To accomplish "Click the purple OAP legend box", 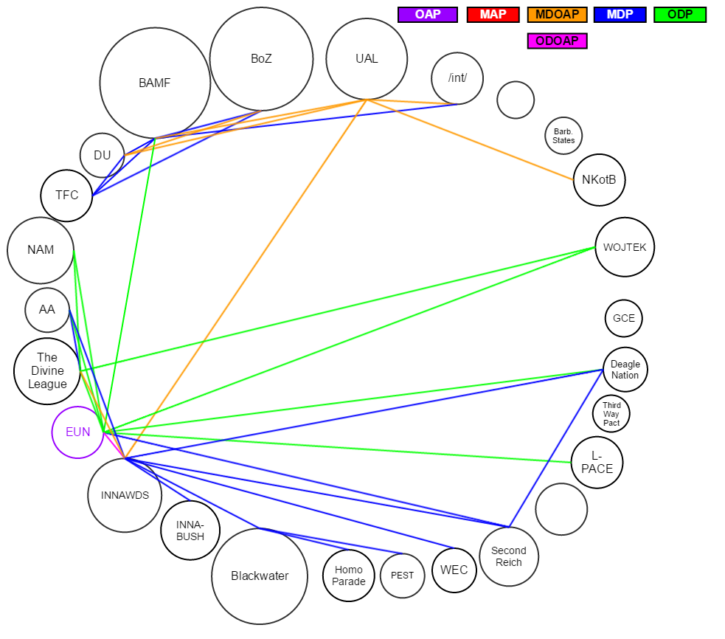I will (x=428, y=15).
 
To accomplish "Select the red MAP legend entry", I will (x=493, y=15).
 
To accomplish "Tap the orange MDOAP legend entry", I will (x=557, y=15).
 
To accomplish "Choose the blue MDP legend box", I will (x=620, y=15).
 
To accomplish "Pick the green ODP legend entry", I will (x=679, y=15).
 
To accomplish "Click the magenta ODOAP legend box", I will (x=557, y=41).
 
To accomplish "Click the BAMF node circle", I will (x=155, y=83).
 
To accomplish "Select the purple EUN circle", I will (x=77, y=432).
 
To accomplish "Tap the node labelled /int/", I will (x=457, y=78).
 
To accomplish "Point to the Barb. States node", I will (x=563, y=136).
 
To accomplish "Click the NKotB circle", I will (x=599, y=180).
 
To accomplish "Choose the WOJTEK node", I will (x=625, y=247).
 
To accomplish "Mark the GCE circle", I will (x=624, y=319).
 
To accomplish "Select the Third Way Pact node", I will (x=611, y=414).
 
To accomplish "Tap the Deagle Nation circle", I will (x=625, y=370).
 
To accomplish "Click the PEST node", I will (x=403, y=576).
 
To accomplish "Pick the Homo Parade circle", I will (x=349, y=576).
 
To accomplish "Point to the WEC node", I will (x=454, y=570).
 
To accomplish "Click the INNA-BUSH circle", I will (x=190, y=531).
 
